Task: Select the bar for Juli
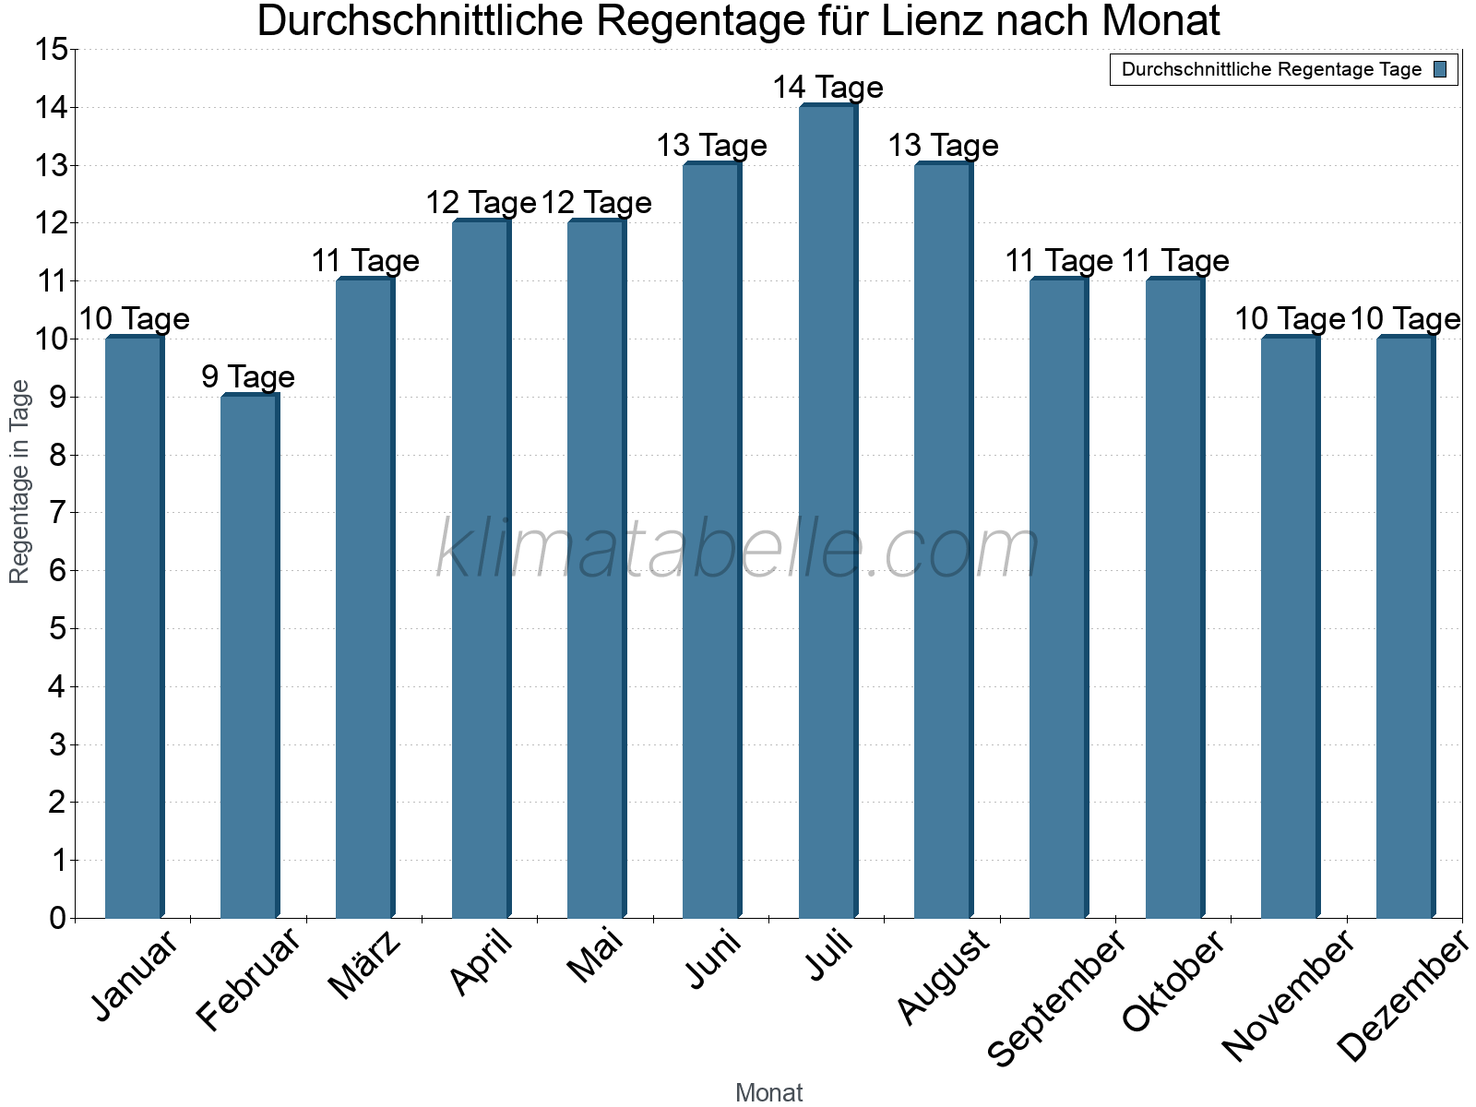click(827, 512)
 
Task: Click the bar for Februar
click(249, 657)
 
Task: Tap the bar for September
click(1058, 600)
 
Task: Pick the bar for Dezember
click(1405, 627)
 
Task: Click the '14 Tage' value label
click(827, 88)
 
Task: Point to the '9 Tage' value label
click(248, 376)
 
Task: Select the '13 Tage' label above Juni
click(711, 146)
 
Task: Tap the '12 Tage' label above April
click(481, 203)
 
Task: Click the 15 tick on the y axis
click(52, 50)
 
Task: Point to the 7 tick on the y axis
click(57, 513)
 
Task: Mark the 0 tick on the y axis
click(57, 918)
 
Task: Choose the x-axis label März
click(365, 965)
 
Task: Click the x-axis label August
click(944, 977)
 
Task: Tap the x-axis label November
click(1289, 994)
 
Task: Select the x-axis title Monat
click(768, 1093)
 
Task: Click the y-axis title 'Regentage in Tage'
click(20, 482)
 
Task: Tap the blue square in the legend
click(1440, 69)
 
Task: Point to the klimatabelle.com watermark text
click(738, 550)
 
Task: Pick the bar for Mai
click(596, 570)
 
